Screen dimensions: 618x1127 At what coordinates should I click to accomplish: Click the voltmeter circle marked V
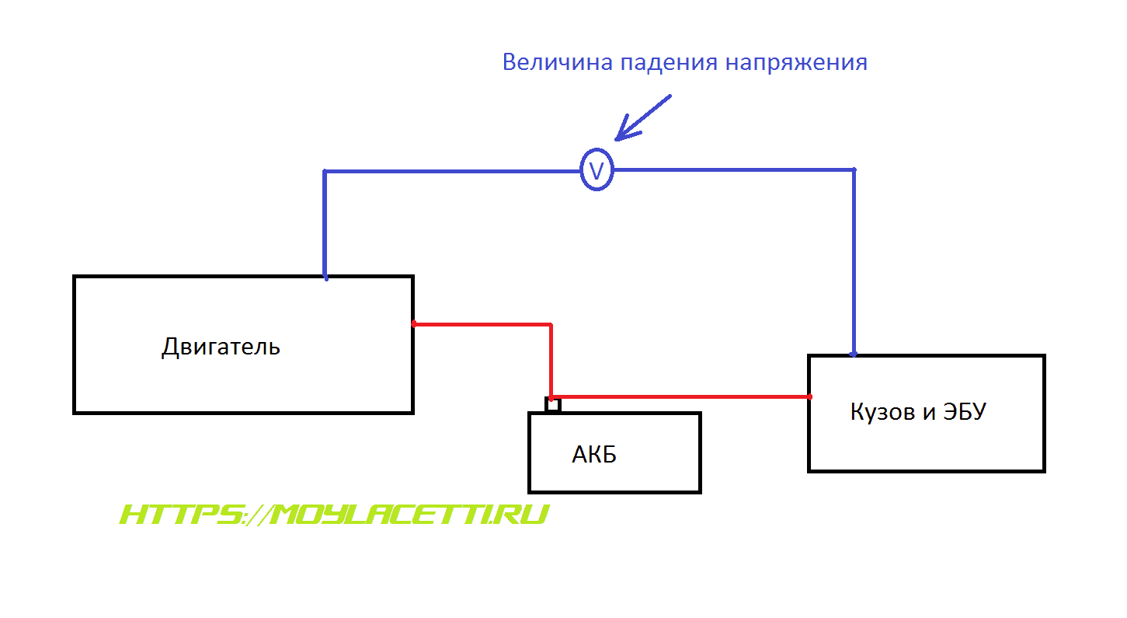pos(597,170)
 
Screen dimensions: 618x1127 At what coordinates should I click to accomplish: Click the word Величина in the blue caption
pos(558,62)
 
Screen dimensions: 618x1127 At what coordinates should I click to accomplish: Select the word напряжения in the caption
pos(796,63)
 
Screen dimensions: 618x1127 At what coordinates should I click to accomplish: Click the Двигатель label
pos(221,346)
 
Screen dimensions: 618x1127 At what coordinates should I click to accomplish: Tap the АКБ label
pos(594,454)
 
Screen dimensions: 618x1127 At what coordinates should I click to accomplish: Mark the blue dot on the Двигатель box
pos(325,278)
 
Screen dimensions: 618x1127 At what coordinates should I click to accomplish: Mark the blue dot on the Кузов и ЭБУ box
pos(854,354)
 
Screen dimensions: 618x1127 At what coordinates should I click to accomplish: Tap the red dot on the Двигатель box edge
pos(414,323)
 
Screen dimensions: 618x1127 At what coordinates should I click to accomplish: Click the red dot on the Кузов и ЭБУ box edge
pos(809,397)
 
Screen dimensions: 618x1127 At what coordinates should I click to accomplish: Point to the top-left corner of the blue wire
pos(325,171)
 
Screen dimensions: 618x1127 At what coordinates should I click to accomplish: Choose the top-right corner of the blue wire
pos(854,169)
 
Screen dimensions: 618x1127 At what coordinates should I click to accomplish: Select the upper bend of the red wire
pos(550,324)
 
